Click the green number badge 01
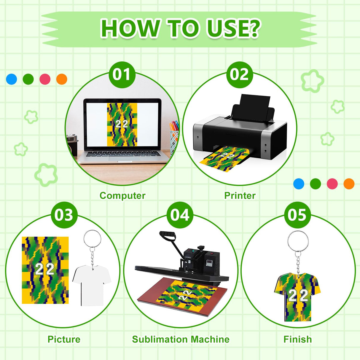[x=122, y=74]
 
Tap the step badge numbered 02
[x=239, y=74]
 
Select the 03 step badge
[x=64, y=215]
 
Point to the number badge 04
[x=180, y=215]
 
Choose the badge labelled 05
[x=297, y=215]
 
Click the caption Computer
[x=122, y=195]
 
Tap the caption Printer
[x=240, y=195]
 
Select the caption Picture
[x=64, y=339]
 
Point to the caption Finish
[x=297, y=339]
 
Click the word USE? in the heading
[x=234, y=28]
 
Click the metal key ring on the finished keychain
[x=298, y=241]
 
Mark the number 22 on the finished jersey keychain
[x=298, y=296]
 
